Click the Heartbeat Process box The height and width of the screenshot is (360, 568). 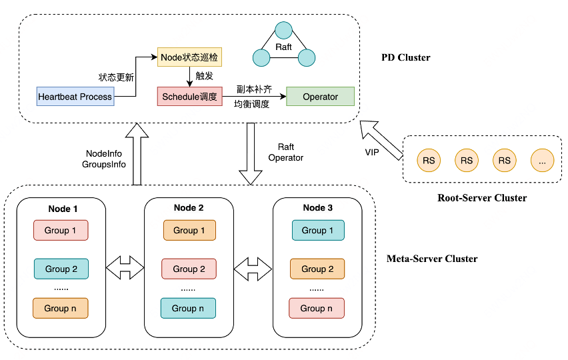tap(75, 97)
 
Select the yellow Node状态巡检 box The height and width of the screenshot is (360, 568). tap(189, 57)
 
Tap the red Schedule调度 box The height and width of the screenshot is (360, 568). tap(189, 97)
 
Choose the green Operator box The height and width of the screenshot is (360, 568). tap(320, 97)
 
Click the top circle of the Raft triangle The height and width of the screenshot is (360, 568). tap(283, 31)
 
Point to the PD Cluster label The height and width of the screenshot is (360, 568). tap(405, 57)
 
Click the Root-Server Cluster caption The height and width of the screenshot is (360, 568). tap(482, 197)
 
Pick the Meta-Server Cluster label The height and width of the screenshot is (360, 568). tap(432, 259)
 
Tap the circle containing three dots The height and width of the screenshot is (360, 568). tap(542, 160)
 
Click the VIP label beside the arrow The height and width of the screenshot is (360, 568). tap(372, 152)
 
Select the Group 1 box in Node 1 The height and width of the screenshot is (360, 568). tap(61, 230)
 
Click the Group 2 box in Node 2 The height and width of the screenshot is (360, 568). tap(189, 269)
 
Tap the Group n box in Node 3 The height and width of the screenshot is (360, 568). tap(316, 308)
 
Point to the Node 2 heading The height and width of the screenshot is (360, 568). tap(189, 208)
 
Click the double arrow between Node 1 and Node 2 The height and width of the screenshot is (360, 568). tap(125, 268)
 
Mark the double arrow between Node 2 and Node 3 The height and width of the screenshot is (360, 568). tap(253, 268)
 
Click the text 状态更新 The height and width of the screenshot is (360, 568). tap(116, 77)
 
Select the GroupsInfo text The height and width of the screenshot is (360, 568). tap(104, 163)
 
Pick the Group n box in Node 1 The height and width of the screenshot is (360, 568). tap(60, 308)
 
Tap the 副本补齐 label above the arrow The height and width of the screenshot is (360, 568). tap(253, 89)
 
